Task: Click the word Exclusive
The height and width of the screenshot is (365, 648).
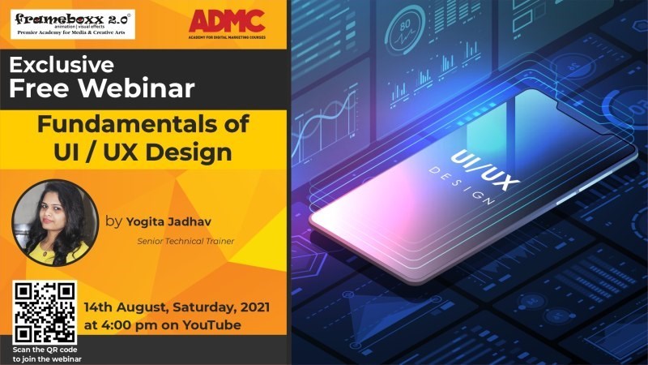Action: tap(62, 64)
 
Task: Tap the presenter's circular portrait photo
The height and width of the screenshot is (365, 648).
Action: tap(54, 222)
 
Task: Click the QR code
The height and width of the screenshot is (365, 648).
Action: tap(45, 311)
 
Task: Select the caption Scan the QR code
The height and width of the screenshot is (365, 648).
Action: tap(45, 349)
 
